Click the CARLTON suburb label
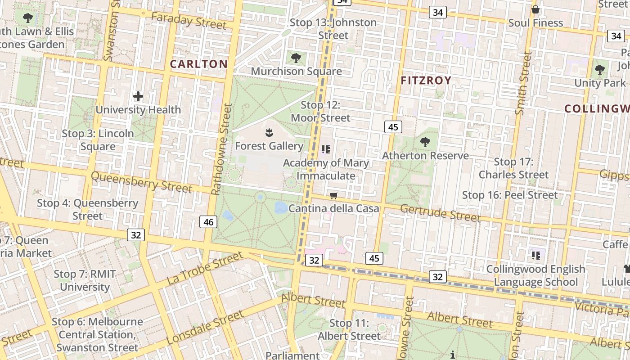198,64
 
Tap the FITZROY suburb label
426,81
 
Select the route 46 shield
208,221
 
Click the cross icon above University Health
138,96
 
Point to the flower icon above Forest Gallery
269,133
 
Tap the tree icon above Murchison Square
296,58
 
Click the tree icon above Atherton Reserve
425,142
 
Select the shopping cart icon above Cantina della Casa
334,195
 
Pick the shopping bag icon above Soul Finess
535,9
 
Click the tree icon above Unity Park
600,69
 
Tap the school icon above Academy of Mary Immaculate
326,149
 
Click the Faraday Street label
189,20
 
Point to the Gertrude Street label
440,212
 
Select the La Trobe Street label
205,268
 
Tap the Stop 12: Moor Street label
320,112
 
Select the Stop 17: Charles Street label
513,168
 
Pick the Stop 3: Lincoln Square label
98,140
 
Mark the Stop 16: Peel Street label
510,195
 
